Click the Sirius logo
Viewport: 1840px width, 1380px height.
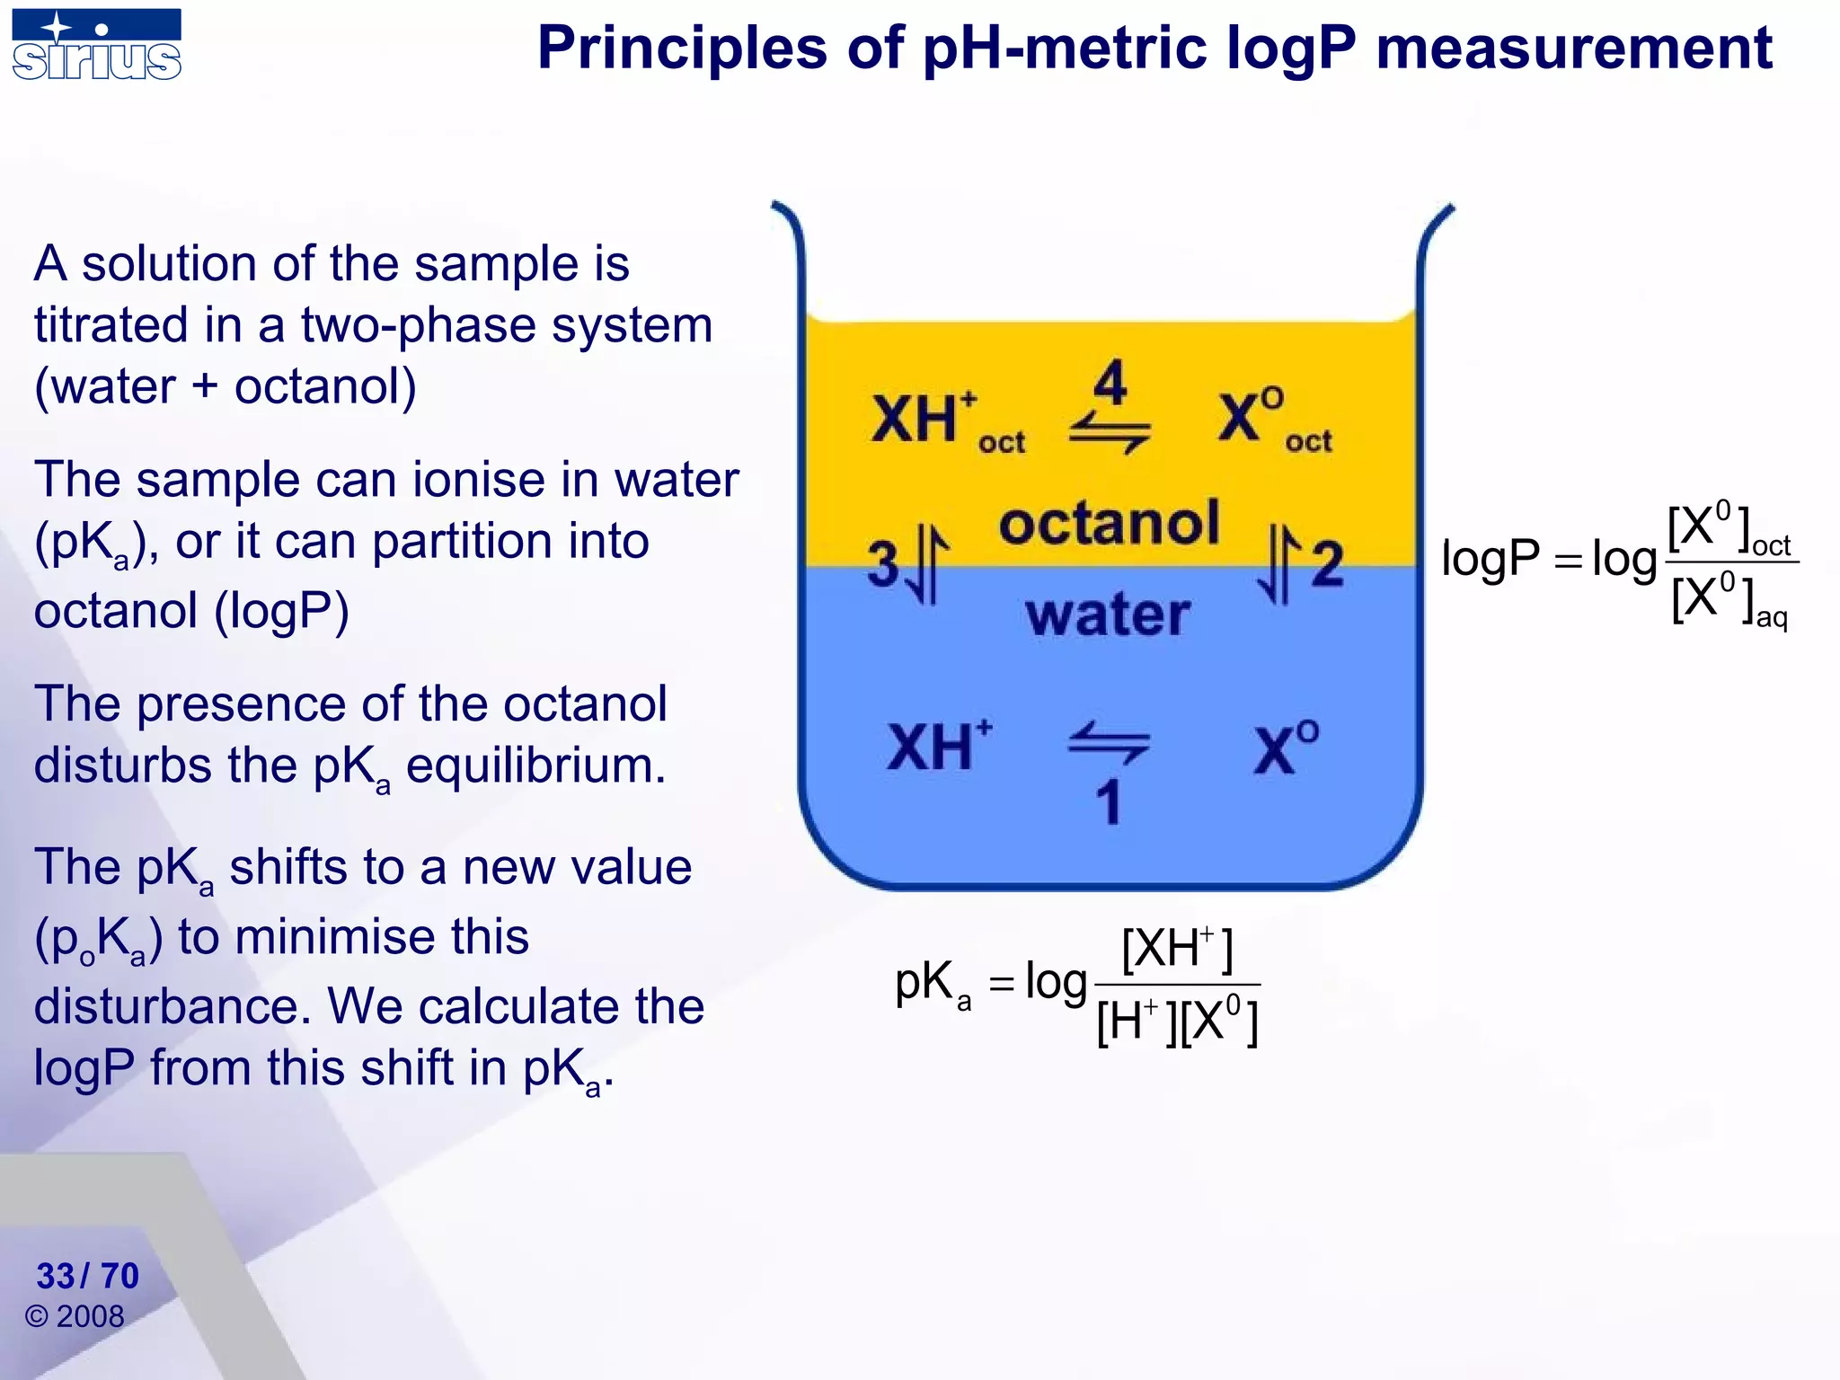click(x=96, y=45)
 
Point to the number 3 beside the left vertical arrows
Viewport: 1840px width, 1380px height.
click(x=883, y=564)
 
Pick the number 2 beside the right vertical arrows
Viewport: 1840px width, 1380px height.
click(x=1327, y=564)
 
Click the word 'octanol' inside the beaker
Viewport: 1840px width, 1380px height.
click(x=1109, y=523)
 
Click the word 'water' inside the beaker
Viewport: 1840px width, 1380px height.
click(x=1108, y=615)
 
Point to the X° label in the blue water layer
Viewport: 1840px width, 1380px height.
click(x=1286, y=747)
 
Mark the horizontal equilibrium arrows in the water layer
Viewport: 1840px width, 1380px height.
click(x=1109, y=743)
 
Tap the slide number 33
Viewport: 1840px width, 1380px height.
click(x=56, y=1276)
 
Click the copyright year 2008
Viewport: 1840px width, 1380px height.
click(x=90, y=1317)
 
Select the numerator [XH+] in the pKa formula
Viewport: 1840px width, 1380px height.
click(x=1177, y=949)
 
